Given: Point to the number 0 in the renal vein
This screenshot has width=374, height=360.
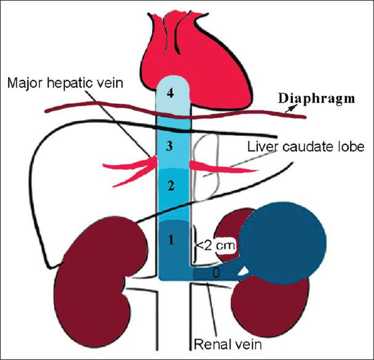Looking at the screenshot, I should [x=214, y=271].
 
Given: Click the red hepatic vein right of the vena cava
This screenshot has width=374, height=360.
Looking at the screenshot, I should [x=209, y=164].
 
